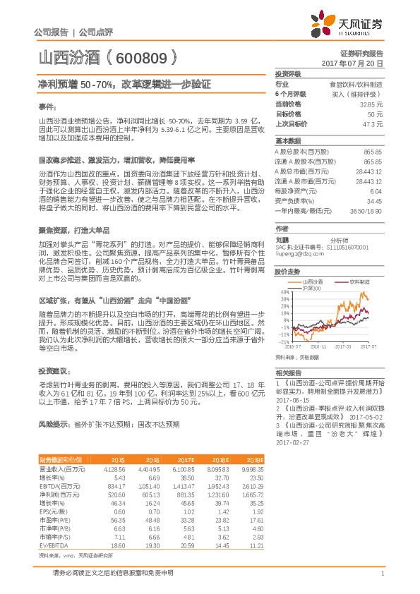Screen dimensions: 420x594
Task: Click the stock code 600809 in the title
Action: point(141,56)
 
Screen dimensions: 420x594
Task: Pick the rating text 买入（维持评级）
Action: point(362,93)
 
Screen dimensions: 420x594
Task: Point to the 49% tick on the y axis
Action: point(284,291)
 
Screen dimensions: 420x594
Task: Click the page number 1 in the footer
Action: point(381,573)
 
